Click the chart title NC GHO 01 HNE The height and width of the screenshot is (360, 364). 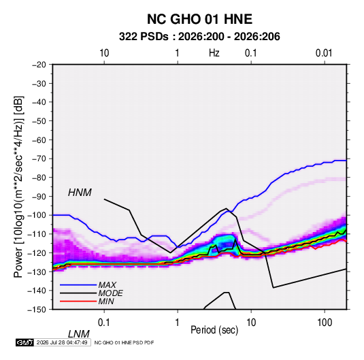[199, 19]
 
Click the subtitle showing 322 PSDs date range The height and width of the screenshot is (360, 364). [199, 37]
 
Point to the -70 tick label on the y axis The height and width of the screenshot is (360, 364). [39, 159]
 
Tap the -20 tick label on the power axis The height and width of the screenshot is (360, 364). [39, 65]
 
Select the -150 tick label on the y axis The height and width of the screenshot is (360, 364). [37, 310]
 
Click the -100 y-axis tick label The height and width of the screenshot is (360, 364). [37, 215]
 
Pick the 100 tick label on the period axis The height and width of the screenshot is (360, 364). [325, 323]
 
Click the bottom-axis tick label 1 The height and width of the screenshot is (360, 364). [178, 323]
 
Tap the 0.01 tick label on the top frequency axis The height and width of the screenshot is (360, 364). [324, 53]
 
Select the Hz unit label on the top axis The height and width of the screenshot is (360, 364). [214, 53]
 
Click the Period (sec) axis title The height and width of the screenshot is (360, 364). [214, 330]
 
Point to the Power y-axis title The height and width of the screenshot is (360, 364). [18, 187]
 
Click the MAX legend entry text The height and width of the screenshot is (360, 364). [107, 285]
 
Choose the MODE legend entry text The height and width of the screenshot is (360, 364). [110, 293]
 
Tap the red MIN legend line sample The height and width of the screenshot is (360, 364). [78, 301]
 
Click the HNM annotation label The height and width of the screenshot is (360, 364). [80, 193]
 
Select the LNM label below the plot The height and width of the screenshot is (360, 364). [78, 334]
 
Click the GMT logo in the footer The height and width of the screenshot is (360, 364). [25, 342]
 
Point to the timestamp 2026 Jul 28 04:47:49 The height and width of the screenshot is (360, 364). [62, 342]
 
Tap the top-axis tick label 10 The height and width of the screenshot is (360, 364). [104, 53]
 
